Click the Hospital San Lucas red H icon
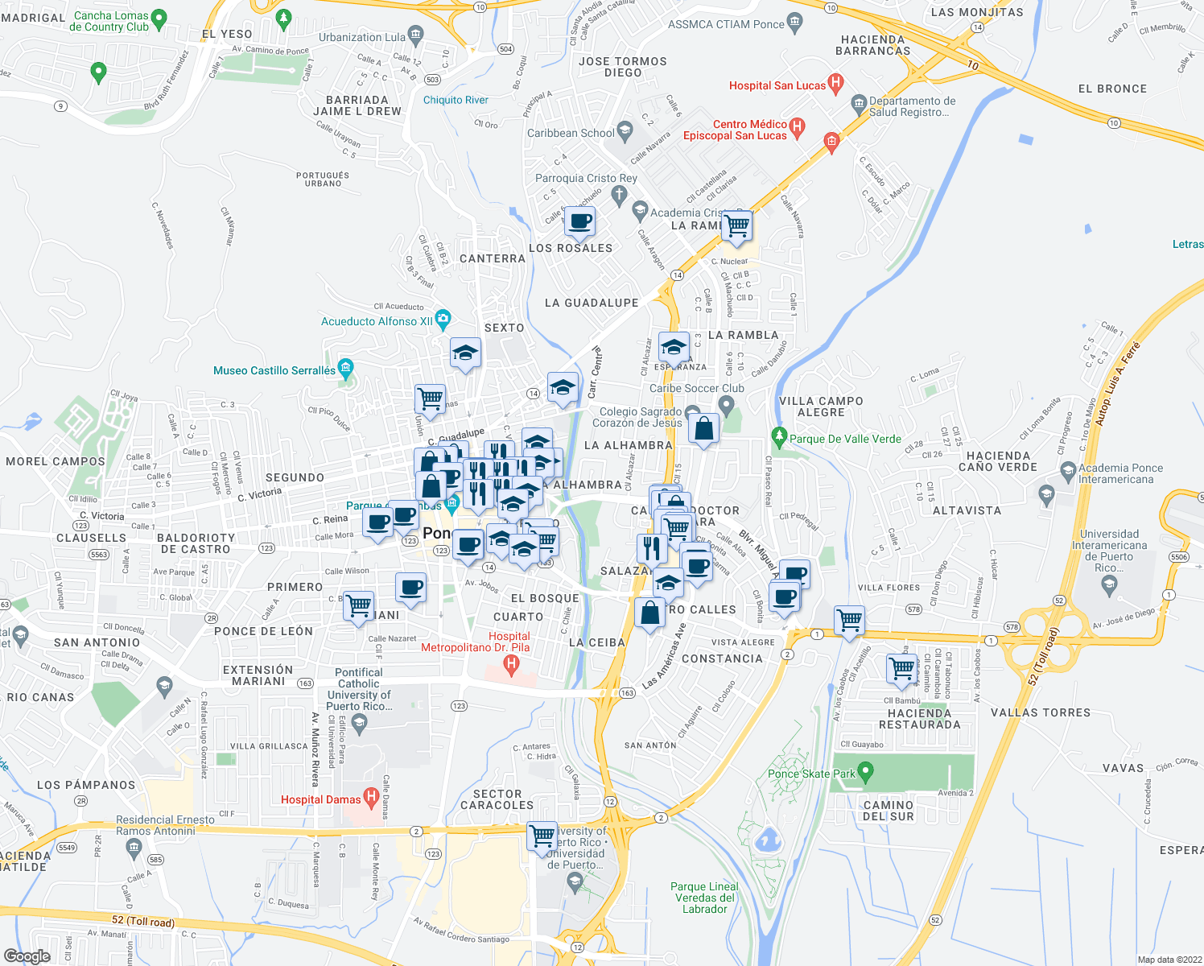tap(835, 82)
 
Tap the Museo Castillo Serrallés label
tap(274, 371)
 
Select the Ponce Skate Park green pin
tap(865, 773)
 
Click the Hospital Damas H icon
tap(371, 798)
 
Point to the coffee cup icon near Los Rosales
tap(579, 221)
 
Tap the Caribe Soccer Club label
tap(696, 388)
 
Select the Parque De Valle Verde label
tap(845, 440)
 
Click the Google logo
tap(27, 956)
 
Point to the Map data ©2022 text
tap(1166, 960)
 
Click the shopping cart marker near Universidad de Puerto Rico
tap(542, 836)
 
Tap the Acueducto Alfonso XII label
tap(377, 321)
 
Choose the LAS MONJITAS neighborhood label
tap(977, 12)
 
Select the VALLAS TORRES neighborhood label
tap(1041, 712)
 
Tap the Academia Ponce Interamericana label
tap(1120, 473)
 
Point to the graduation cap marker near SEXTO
tap(465, 353)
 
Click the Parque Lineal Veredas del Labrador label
tap(705, 898)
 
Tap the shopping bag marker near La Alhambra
tap(703, 429)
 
